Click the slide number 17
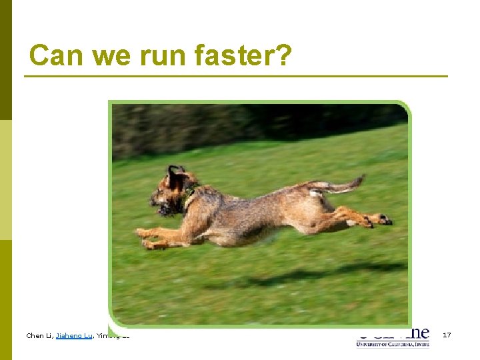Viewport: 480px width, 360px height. (x=447, y=335)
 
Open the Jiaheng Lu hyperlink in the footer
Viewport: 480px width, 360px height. (x=74, y=335)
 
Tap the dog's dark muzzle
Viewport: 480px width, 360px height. (x=161, y=209)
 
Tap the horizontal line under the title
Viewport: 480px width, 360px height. (x=236, y=77)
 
